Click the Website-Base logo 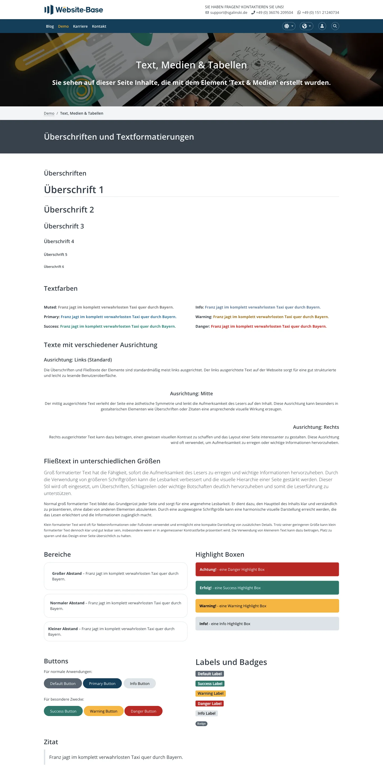(74, 10)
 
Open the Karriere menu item (80, 26)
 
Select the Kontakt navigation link (99, 26)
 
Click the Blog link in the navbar (50, 26)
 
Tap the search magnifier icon (335, 26)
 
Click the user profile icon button (322, 26)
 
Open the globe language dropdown (306, 26)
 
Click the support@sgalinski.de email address (228, 13)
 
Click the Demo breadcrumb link (49, 113)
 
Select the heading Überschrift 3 (64, 226)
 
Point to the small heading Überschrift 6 (54, 267)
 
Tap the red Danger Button (143, 711)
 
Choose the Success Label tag (210, 684)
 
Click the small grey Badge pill (201, 723)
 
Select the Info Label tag (206, 713)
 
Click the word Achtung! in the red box (208, 569)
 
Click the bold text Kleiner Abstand (63, 629)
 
